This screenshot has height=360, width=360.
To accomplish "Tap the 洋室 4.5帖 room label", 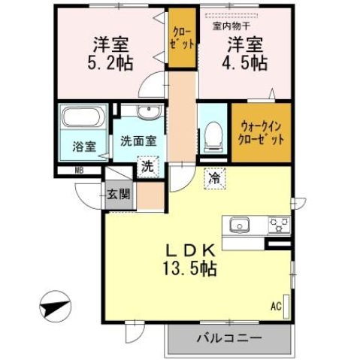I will point(247,53).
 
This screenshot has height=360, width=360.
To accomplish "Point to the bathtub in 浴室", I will point(83,119).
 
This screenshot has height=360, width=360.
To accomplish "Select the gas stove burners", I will point(279,224).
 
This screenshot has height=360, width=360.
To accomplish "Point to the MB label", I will point(78,170).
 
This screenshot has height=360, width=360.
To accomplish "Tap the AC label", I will point(275,307).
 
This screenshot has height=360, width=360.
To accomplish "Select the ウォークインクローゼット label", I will point(260,133).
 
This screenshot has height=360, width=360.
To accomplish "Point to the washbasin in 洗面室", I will point(147,113).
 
